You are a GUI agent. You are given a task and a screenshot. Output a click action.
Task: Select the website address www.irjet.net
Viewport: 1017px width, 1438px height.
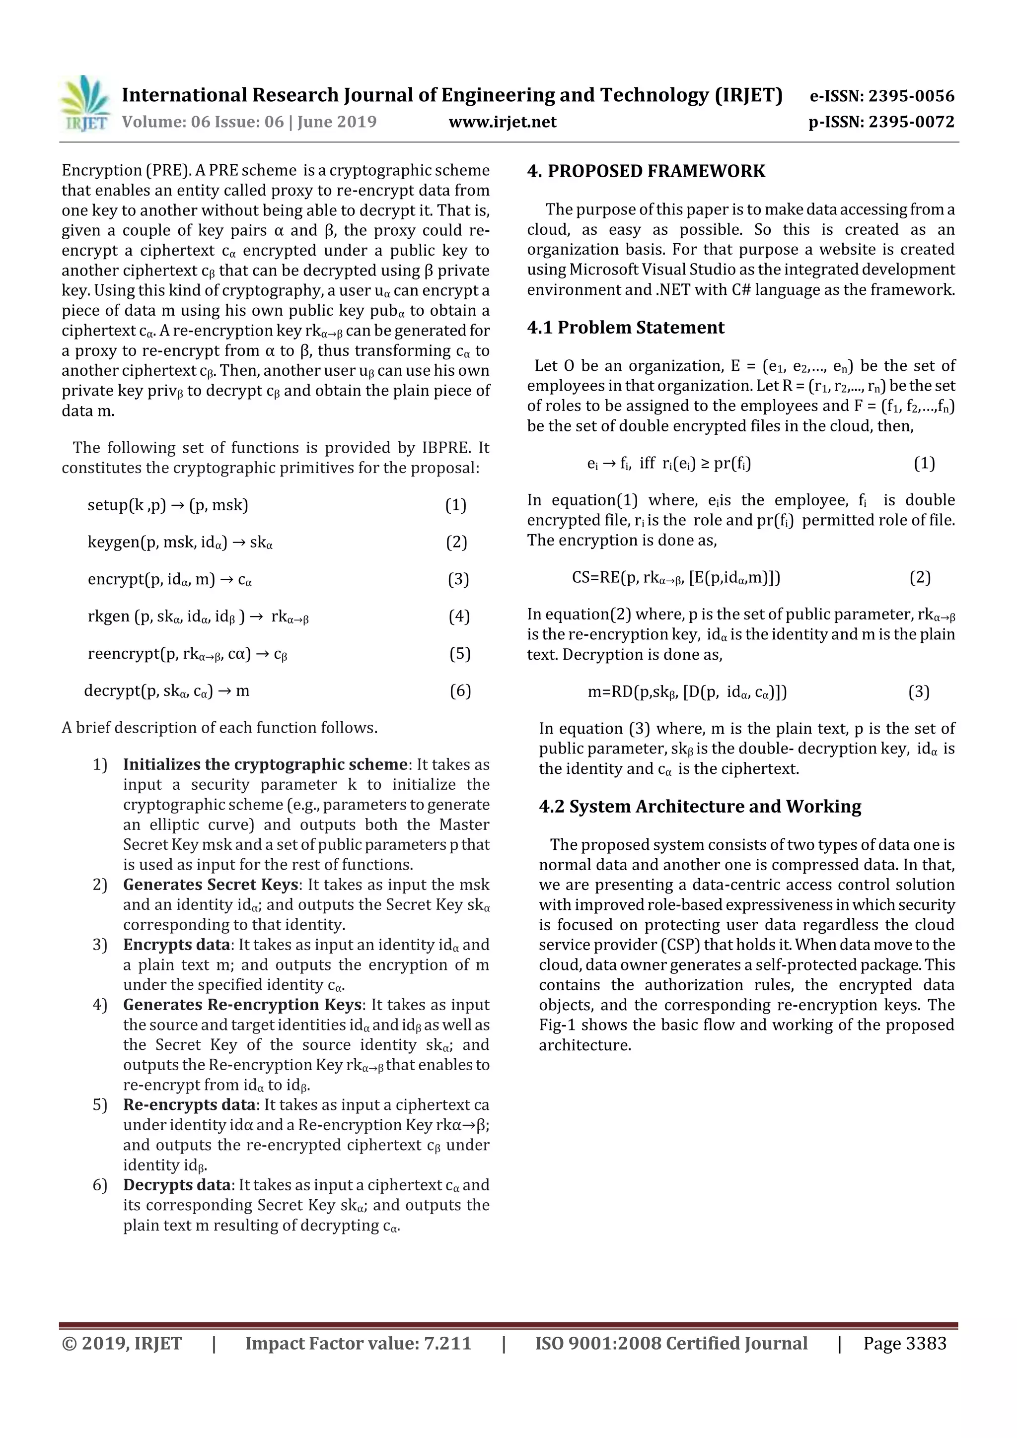coord(502,122)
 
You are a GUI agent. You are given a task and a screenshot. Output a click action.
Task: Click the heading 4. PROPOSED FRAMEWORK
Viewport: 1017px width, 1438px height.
coord(646,172)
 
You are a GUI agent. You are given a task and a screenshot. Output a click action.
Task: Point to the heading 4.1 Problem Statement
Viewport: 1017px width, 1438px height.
coord(625,328)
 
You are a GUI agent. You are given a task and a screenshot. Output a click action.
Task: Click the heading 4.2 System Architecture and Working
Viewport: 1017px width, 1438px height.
coord(699,807)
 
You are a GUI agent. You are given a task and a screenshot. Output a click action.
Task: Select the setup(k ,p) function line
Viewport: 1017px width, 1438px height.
coord(168,505)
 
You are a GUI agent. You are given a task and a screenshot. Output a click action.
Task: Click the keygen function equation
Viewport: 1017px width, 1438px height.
coord(180,543)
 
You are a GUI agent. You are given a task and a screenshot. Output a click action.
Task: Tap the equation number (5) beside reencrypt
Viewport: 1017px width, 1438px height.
coord(459,654)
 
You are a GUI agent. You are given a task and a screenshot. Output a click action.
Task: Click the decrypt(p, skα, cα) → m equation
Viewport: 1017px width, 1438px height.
coord(167,691)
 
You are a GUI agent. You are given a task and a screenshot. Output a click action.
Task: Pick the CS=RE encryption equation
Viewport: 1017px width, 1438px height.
coord(675,577)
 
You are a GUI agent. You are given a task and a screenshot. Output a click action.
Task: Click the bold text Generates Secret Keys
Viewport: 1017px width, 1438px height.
coord(210,885)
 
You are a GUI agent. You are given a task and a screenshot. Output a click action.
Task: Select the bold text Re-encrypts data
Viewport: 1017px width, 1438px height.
coord(189,1105)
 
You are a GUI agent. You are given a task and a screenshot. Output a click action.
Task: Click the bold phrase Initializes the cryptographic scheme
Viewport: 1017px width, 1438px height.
coord(265,765)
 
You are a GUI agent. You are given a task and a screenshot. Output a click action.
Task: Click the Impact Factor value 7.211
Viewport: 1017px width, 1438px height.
coord(447,1343)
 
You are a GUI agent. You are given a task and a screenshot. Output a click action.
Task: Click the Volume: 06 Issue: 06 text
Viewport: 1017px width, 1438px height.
coord(203,122)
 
